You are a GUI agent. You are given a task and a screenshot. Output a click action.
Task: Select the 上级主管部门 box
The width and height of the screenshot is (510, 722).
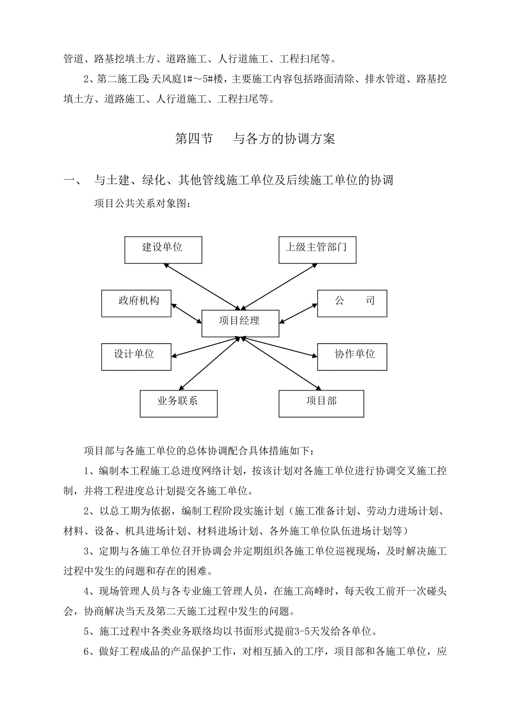pyautogui.click(x=317, y=250)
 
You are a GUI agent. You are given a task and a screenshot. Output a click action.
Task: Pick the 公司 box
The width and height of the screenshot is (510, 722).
pyautogui.click(x=351, y=303)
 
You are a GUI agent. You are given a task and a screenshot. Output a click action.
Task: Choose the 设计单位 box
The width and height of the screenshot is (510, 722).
pyautogui.click(x=136, y=357)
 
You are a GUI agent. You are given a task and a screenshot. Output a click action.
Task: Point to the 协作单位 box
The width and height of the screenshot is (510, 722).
pyautogui.click(x=351, y=357)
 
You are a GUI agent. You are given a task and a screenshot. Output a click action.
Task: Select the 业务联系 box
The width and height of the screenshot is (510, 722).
pyautogui.click(x=178, y=403)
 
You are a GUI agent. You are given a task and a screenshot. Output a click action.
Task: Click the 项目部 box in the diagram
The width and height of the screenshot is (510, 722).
pyautogui.click(x=321, y=403)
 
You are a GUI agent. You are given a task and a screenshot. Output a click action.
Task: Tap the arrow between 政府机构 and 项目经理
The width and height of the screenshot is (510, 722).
pyautogui.click(x=187, y=313)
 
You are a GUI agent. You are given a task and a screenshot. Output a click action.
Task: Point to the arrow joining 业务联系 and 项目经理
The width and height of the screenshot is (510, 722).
pyautogui.click(x=209, y=363)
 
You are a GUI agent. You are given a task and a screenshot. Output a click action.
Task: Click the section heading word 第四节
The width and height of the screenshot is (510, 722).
pyautogui.click(x=194, y=139)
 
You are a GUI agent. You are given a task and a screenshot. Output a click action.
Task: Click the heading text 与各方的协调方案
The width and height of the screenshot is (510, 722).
pyautogui.click(x=284, y=139)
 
